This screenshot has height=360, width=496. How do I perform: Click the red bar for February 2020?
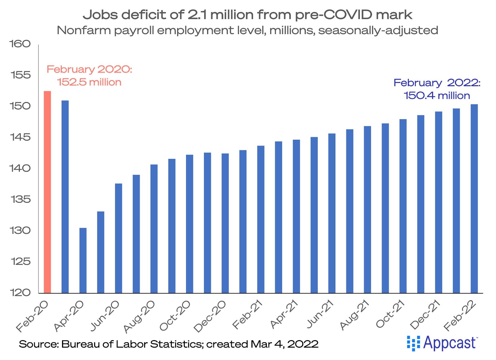[47, 192]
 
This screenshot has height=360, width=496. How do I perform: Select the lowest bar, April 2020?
[83, 260]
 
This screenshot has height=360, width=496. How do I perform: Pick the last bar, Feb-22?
[474, 198]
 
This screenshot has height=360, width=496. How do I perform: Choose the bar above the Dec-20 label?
[225, 223]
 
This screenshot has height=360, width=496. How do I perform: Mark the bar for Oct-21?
[403, 206]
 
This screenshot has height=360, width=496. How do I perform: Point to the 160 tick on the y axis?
[20, 44]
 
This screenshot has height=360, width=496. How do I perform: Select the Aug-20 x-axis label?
[139, 316]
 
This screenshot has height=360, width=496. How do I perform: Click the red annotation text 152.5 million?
[89, 82]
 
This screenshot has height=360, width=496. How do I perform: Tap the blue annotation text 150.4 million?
[437, 96]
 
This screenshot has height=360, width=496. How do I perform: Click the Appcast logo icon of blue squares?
[413, 343]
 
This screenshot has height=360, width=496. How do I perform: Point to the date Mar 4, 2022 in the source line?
[284, 344]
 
